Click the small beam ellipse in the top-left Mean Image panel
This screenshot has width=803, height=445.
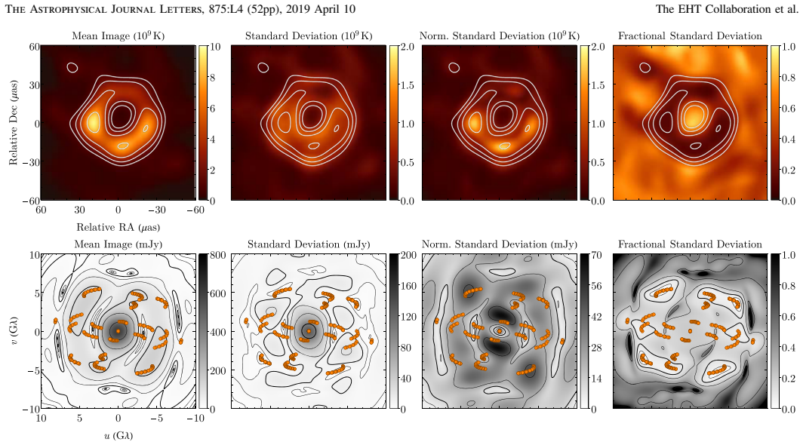[x=72, y=67]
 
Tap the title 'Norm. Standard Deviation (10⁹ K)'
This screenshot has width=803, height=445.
[x=500, y=36]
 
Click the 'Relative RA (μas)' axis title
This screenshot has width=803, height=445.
[x=118, y=227]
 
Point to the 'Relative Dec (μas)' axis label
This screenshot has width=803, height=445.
[x=13, y=122]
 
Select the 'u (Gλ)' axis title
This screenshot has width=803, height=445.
[x=118, y=436]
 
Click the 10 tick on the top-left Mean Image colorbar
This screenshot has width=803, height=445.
[x=215, y=47]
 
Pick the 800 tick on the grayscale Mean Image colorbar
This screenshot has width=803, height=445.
[x=218, y=256]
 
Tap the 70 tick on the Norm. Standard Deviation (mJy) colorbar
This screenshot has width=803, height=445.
[x=596, y=256]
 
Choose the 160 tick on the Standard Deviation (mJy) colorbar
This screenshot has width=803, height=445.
[x=409, y=287]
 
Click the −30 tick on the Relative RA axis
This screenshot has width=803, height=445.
[x=157, y=210]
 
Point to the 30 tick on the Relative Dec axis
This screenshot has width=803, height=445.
[x=34, y=85]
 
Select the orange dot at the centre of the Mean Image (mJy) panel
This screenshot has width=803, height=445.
[x=118, y=331]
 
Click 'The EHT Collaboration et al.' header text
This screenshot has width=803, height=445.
[x=727, y=9]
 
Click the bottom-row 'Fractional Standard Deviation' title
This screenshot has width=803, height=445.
[x=690, y=244]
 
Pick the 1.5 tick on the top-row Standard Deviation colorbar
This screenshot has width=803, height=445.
[x=408, y=85]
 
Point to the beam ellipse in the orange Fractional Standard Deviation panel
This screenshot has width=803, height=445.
[x=645, y=67]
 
